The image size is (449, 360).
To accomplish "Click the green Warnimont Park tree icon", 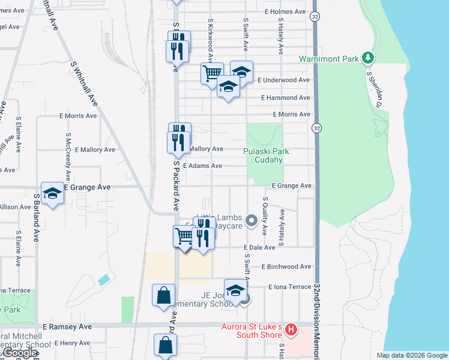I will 367,58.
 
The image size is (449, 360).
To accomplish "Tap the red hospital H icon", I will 291,329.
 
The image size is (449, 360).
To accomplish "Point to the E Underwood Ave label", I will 283,80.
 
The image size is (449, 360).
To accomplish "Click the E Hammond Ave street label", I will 286,97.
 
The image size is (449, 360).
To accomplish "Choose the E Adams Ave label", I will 202,166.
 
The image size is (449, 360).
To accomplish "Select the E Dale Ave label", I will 259,247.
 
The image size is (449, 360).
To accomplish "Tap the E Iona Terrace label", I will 290,287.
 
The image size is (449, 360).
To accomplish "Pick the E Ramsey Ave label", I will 67,326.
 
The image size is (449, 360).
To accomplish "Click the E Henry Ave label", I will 74,343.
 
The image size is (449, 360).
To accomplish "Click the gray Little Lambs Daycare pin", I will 252,220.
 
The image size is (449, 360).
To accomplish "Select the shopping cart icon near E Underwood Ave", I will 212,74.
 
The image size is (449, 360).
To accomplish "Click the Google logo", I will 20,353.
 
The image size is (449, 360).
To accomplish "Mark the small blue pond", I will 103,280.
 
